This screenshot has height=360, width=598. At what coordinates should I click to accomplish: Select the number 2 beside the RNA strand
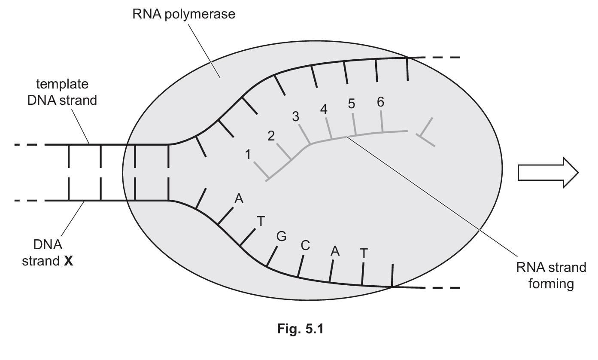(271, 136)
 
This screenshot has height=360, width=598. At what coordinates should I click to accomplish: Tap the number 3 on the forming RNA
(296, 117)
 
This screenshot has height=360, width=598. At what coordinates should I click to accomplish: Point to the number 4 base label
(324, 110)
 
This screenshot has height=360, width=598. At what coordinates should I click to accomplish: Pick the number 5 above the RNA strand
(352, 104)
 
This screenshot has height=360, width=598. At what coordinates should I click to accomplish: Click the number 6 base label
(380, 102)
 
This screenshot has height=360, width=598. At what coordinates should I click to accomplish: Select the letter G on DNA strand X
(281, 236)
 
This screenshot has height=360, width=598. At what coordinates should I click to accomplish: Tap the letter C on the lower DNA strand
(305, 245)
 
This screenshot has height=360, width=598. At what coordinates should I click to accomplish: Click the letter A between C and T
(335, 251)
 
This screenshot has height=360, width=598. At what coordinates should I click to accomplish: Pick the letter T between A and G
(260, 221)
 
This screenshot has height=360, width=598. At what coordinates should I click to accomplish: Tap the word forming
(551, 284)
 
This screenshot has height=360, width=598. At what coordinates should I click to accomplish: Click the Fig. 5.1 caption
(299, 329)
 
